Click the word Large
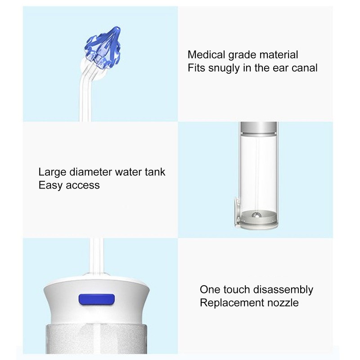[53, 172]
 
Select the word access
[83, 185]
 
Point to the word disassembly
[288, 289]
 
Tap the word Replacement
[230, 302]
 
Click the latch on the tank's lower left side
[235, 211]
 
